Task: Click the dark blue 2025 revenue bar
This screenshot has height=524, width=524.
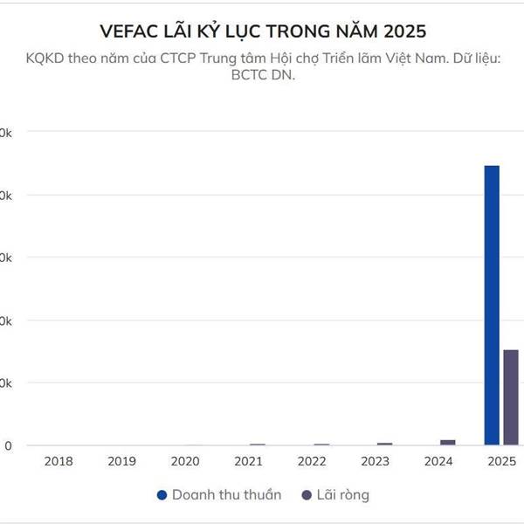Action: tap(492, 305)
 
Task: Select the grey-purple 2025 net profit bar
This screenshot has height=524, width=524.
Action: tap(511, 397)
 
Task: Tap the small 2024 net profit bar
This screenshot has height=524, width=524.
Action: tap(448, 442)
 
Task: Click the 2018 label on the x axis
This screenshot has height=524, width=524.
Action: tap(58, 461)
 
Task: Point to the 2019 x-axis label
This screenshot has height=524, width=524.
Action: tap(121, 461)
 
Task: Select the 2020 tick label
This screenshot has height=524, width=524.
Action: tap(185, 461)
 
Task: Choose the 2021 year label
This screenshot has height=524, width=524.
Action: tap(249, 461)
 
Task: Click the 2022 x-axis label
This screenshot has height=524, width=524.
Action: tap(313, 461)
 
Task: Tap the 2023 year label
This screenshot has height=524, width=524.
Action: tap(376, 461)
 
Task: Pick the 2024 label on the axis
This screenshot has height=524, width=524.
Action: tap(439, 461)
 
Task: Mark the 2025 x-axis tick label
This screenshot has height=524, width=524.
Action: tap(502, 461)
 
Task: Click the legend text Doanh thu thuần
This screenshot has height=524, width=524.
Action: tap(226, 495)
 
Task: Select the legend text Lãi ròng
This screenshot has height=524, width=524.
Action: tap(343, 495)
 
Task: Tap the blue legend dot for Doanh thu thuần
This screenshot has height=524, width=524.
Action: tap(161, 495)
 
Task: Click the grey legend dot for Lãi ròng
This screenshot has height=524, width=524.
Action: tap(306, 495)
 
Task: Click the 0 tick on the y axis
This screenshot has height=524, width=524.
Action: tap(8, 445)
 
